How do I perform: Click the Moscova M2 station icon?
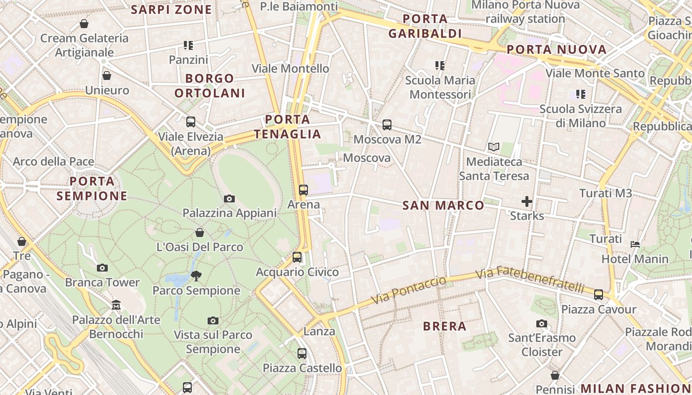click(x=387, y=125)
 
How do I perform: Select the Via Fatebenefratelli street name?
click(x=529, y=279)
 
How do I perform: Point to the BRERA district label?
click(x=445, y=326)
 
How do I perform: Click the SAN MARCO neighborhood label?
click(x=443, y=205)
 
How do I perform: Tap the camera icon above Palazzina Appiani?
click(x=229, y=198)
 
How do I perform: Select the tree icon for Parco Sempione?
click(x=196, y=276)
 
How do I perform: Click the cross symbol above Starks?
click(x=527, y=201)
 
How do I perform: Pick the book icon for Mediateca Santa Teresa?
click(x=493, y=147)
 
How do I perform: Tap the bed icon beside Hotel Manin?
click(x=635, y=244)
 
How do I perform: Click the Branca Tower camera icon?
click(x=102, y=268)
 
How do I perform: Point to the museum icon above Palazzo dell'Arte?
click(x=116, y=305)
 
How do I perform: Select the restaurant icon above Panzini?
click(x=188, y=45)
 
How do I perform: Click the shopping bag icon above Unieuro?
click(x=107, y=76)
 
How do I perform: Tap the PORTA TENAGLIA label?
click(x=287, y=126)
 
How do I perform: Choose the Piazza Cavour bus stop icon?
click(x=599, y=295)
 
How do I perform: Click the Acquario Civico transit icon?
click(x=297, y=257)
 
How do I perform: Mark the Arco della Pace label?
click(x=53, y=161)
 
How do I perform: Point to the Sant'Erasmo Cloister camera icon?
click(x=542, y=323)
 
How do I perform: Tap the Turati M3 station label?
click(x=605, y=193)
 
